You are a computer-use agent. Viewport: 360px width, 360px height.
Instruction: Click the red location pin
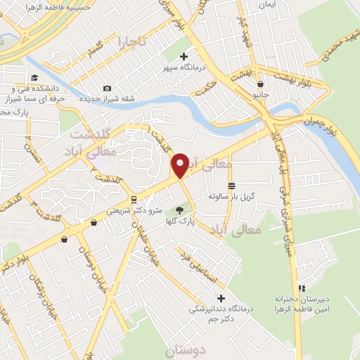tap(180, 165)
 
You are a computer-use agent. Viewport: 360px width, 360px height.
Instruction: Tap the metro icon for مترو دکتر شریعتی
tap(134, 200)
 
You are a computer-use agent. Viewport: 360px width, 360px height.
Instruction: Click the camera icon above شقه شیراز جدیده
tap(107, 88)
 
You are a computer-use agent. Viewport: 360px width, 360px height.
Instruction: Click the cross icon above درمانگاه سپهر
tap(184, 56)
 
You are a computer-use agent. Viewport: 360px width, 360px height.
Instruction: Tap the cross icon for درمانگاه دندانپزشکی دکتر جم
tap(221, 298)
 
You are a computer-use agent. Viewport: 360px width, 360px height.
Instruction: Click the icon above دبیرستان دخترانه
tap(302, 288)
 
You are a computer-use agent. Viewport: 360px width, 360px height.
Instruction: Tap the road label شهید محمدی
tap(344, 39)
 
